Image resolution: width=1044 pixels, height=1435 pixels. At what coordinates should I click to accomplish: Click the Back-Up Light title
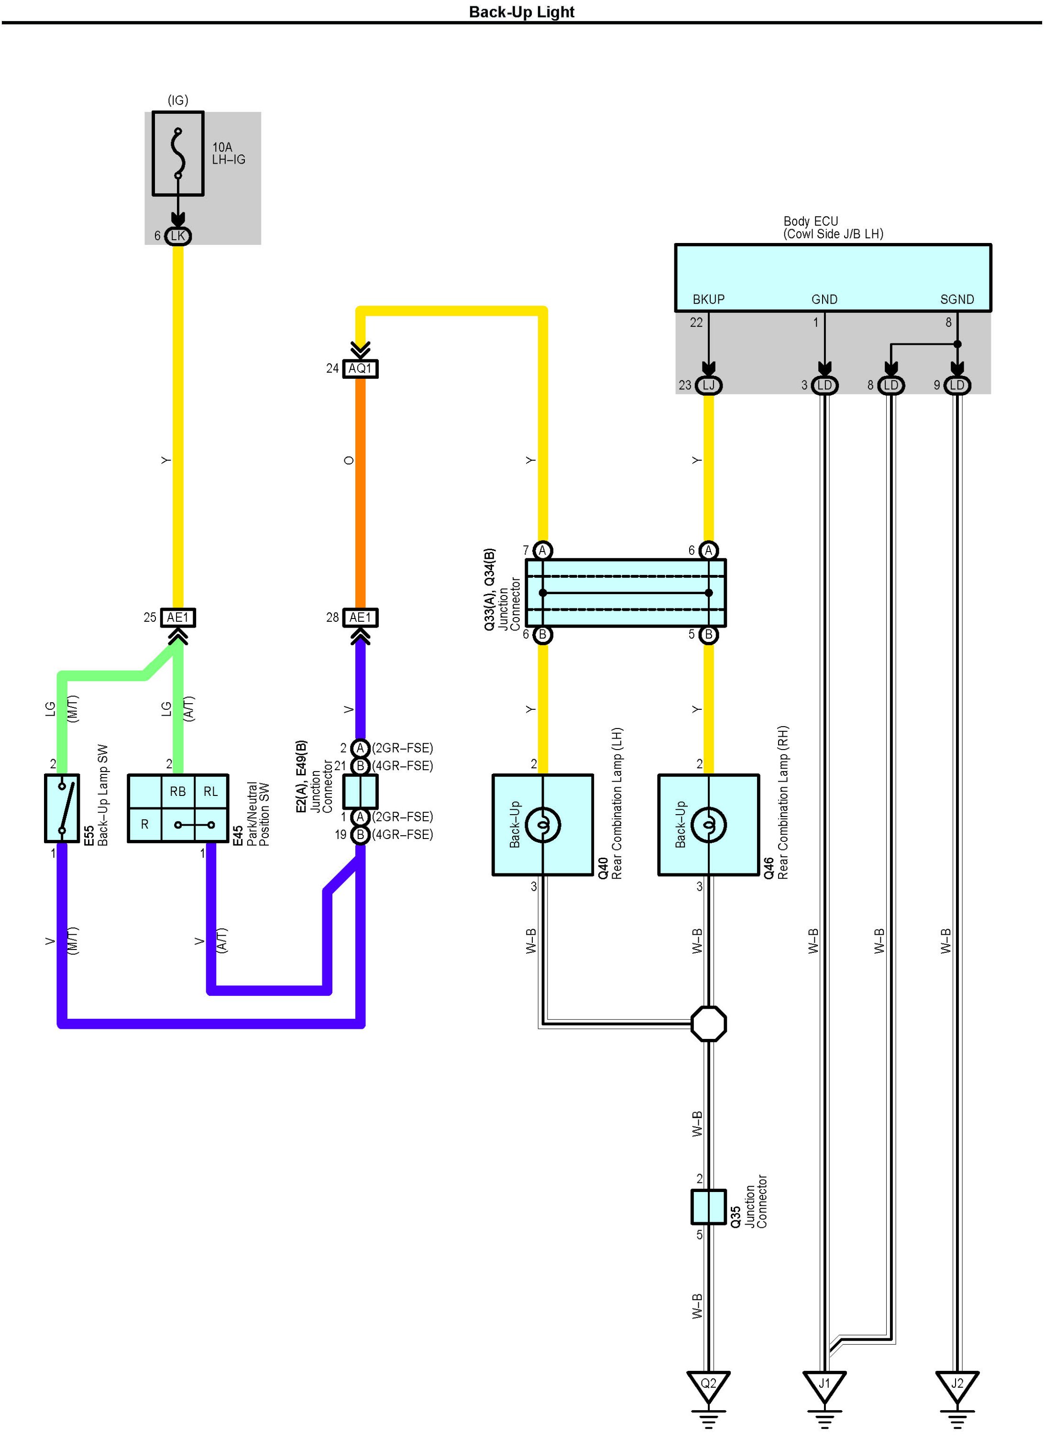(x=521, y=12)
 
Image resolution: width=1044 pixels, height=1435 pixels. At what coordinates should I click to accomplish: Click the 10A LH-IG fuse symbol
(x=178, y=154)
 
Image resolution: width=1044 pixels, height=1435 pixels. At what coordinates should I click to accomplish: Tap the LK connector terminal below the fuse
(x=178, y=236)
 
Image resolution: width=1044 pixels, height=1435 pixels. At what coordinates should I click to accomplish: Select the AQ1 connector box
(x=360, y=368)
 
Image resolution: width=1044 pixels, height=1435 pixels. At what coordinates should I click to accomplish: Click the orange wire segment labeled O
(x=360, y=487)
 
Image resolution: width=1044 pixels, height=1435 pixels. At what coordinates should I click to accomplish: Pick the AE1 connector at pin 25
(x=178, y=618)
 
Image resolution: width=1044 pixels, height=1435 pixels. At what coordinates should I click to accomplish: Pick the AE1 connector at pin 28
(x=360, y=618)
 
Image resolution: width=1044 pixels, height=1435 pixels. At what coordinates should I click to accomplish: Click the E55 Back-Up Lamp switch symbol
(x=62, y=808)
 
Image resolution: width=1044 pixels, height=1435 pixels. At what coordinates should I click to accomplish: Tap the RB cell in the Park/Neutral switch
(x=178, y=791)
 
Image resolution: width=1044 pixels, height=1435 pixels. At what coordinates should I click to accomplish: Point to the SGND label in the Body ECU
(x=956, y=299)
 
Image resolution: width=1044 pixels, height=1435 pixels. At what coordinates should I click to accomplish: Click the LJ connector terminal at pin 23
(x=709, y=385)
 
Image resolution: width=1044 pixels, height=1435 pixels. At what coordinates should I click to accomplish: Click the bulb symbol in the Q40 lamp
(x=542, y=825)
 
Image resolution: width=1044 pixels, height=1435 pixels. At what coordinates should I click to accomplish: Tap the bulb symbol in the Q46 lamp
(x=709, y=825)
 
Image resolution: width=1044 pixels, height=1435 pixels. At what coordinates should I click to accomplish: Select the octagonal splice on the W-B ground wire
(x=709, y=1024)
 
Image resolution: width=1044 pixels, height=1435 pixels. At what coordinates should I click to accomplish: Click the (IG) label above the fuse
(x=178, y=100)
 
